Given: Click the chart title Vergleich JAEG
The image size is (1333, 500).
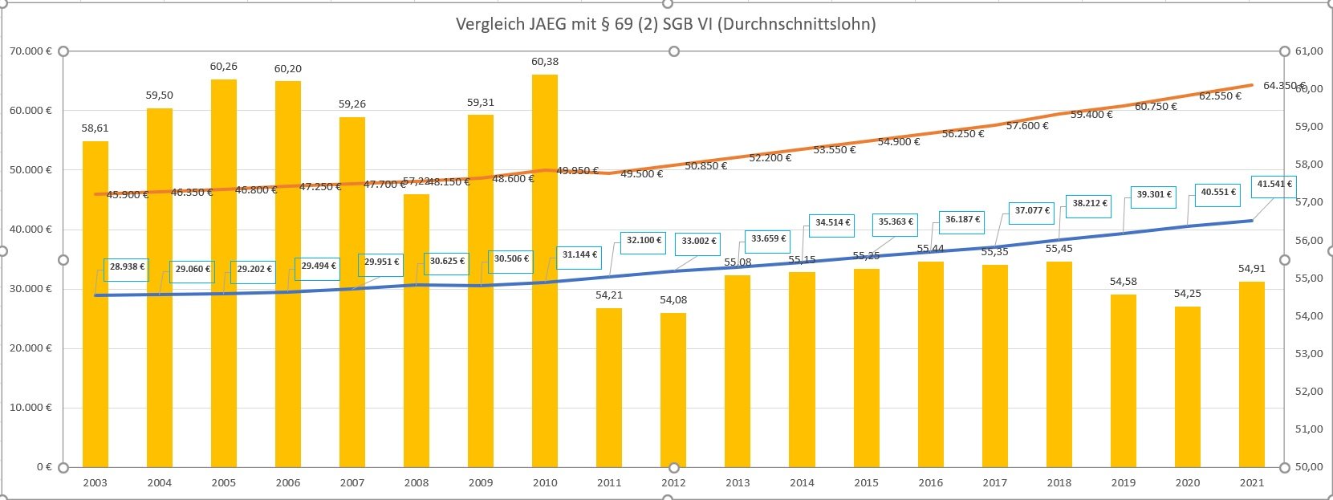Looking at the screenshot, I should (x=665, y=24).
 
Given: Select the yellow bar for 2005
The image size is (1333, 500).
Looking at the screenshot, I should (x=224, y=273).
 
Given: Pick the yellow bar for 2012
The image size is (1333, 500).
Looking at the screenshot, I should (x=673, y=390).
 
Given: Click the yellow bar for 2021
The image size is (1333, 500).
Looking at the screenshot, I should (x=1252, y=374).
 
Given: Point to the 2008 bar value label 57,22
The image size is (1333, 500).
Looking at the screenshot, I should (x=415, y=181).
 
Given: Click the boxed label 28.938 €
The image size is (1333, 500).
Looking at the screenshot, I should (x=127, y=267).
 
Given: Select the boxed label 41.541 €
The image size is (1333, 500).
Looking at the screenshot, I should (x=1274, y=185).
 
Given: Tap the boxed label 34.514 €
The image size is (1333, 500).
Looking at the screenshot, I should (x=833, y=222).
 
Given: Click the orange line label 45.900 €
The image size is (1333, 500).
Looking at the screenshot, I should (x=128, y=195).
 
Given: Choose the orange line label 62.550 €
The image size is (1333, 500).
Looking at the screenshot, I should (x=1220, y=96).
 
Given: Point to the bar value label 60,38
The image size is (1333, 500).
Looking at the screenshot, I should (x=545, y=62).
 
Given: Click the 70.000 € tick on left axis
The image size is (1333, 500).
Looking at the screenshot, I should (x=30, y=51).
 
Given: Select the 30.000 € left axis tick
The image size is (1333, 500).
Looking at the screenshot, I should (x=30, y=289).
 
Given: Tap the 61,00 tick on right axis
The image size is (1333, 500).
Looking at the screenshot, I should (x=1309, y=51).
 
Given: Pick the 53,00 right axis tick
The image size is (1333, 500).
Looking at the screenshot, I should (x=1309, y=354).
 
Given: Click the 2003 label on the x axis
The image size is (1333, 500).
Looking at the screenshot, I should (x=95, y=483).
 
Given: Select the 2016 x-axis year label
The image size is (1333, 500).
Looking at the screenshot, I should (x=930, y=483).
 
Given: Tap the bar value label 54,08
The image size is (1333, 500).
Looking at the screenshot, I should (x=673, y=300).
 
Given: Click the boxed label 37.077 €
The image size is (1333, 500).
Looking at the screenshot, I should (x=1032, y=211).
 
